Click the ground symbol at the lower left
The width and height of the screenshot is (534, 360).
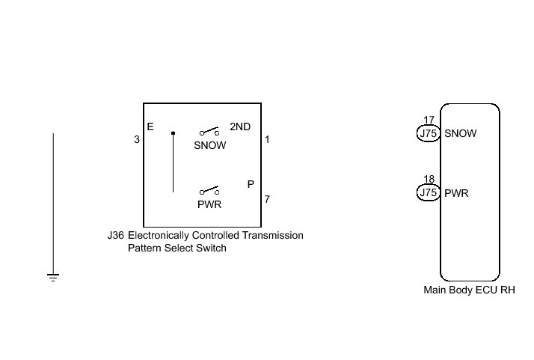(x=53, y=277)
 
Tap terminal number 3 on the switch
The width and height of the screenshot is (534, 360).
(x=137, y=139)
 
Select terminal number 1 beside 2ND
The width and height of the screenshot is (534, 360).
(x=268, y=139)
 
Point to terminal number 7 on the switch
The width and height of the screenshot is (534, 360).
(x=267, y=199)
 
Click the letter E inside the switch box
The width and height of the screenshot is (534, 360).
(x=150, y=127)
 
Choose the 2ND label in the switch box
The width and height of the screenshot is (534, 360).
(x=240, y=127)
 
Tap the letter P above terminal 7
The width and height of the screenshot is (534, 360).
(x=251, y=184)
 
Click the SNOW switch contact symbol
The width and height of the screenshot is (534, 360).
(x=209, y=131)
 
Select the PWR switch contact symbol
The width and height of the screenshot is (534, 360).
(x=209, y=191)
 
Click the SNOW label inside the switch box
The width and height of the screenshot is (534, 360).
(x=209, y=145)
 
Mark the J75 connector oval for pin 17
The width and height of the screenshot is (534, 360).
(x=429, y=134)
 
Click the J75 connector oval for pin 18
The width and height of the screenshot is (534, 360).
(x=429, y=193)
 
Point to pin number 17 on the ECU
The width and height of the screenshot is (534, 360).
(x=429, y=120)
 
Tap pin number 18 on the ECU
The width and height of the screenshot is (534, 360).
(x=429, y=180)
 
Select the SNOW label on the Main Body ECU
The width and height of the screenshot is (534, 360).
(x=461, y=134)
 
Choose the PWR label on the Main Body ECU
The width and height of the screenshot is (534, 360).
(x=457, y=193)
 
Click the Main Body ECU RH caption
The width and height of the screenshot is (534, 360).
(x=469, y=290)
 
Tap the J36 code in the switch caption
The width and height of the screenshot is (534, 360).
(x=115, y=235)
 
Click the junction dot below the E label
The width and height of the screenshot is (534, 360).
(x=173, y=133)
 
